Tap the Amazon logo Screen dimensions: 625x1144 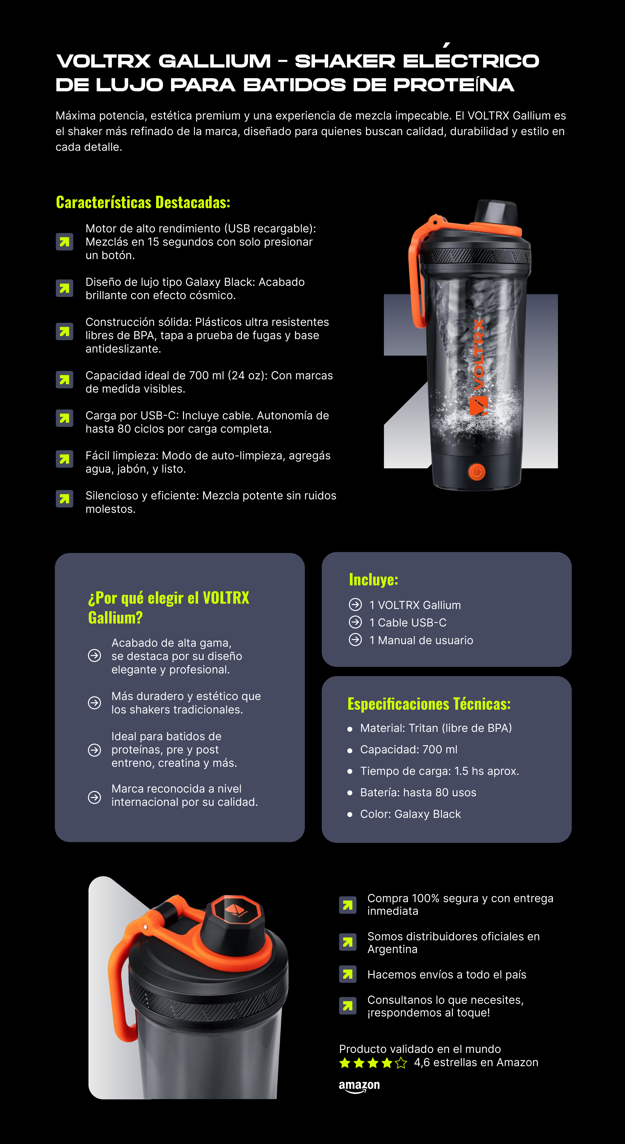359,1086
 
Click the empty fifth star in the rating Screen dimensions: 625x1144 401,1063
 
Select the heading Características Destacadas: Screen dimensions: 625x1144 143,202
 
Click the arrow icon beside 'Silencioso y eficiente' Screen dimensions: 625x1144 64,499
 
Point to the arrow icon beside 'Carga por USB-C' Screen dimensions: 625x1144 64,418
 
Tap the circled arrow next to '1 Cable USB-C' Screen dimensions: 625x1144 355,622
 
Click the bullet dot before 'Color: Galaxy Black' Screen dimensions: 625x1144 350,814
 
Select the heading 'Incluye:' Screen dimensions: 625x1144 373,580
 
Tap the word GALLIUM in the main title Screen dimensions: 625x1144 214,61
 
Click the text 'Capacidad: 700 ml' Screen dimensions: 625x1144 408,750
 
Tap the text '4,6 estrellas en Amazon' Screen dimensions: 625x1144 476,1063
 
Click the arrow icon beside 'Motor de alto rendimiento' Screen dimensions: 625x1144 64,242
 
